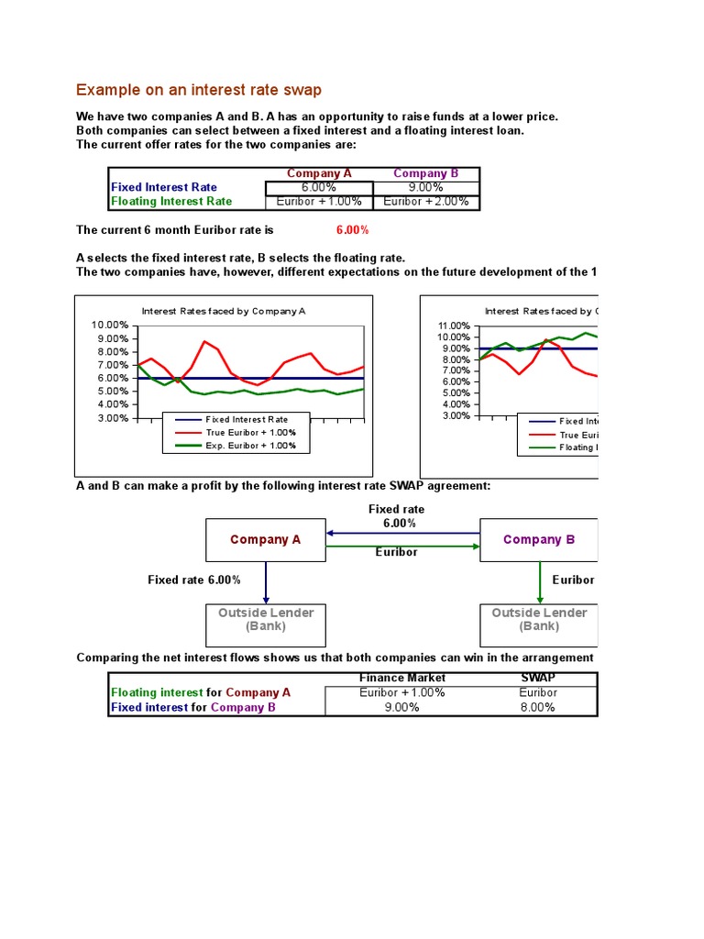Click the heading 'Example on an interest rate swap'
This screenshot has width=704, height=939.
pyautogui.click(x=199, y=90)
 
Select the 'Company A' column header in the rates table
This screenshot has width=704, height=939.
pyautogui.click(x=319, y=173)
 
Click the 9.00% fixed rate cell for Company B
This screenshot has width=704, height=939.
pyautogui.click(x=426, y=187)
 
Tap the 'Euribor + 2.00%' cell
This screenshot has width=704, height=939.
pyautogui.click(x=426, y=202)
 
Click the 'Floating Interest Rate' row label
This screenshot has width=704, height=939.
pyautogui.click(x=171, y=202)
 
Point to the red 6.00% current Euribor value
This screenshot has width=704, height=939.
pyautogui.click(x=353, y=230)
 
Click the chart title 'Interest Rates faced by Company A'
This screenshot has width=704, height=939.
pyautogui.click(x=224, y=311)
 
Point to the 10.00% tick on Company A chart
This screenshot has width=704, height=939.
pyautogui.click(x=110, y=326)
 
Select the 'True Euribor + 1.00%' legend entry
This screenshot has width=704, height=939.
pyautogui.click(x=250, y=432)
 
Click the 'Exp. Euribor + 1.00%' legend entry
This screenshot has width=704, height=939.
pyautogui.click(x=250, y=446)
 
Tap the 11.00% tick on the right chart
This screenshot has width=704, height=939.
pyautogui.click(x=455, y=326)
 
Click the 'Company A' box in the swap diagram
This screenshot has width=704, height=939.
pyautogui.click(x=265, y=540)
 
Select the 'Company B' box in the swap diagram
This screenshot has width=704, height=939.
pyautogui.click(x=539, y=540)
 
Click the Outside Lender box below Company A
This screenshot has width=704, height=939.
pyautogui.click(x=265, y=620)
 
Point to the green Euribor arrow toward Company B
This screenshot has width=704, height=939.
pyautogui.click(x=403, y=547)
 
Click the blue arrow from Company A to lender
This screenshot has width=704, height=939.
pyautogui.click(x=266, y=581)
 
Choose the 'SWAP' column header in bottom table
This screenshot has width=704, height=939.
pyautogui.click(x=537, y=678)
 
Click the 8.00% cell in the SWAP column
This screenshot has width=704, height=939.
pyautogui.click(x=537, y=708)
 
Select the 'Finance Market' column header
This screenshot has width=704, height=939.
pyautogui.click(x=402, y=678)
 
